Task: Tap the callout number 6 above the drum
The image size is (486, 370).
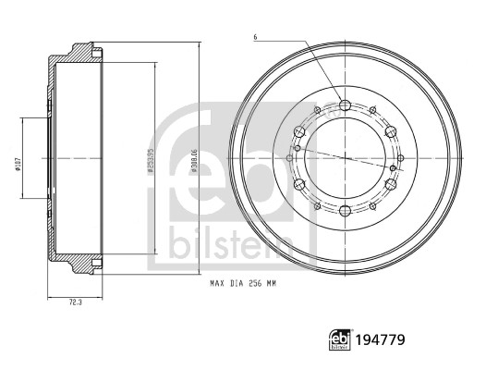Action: pos(255,38)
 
